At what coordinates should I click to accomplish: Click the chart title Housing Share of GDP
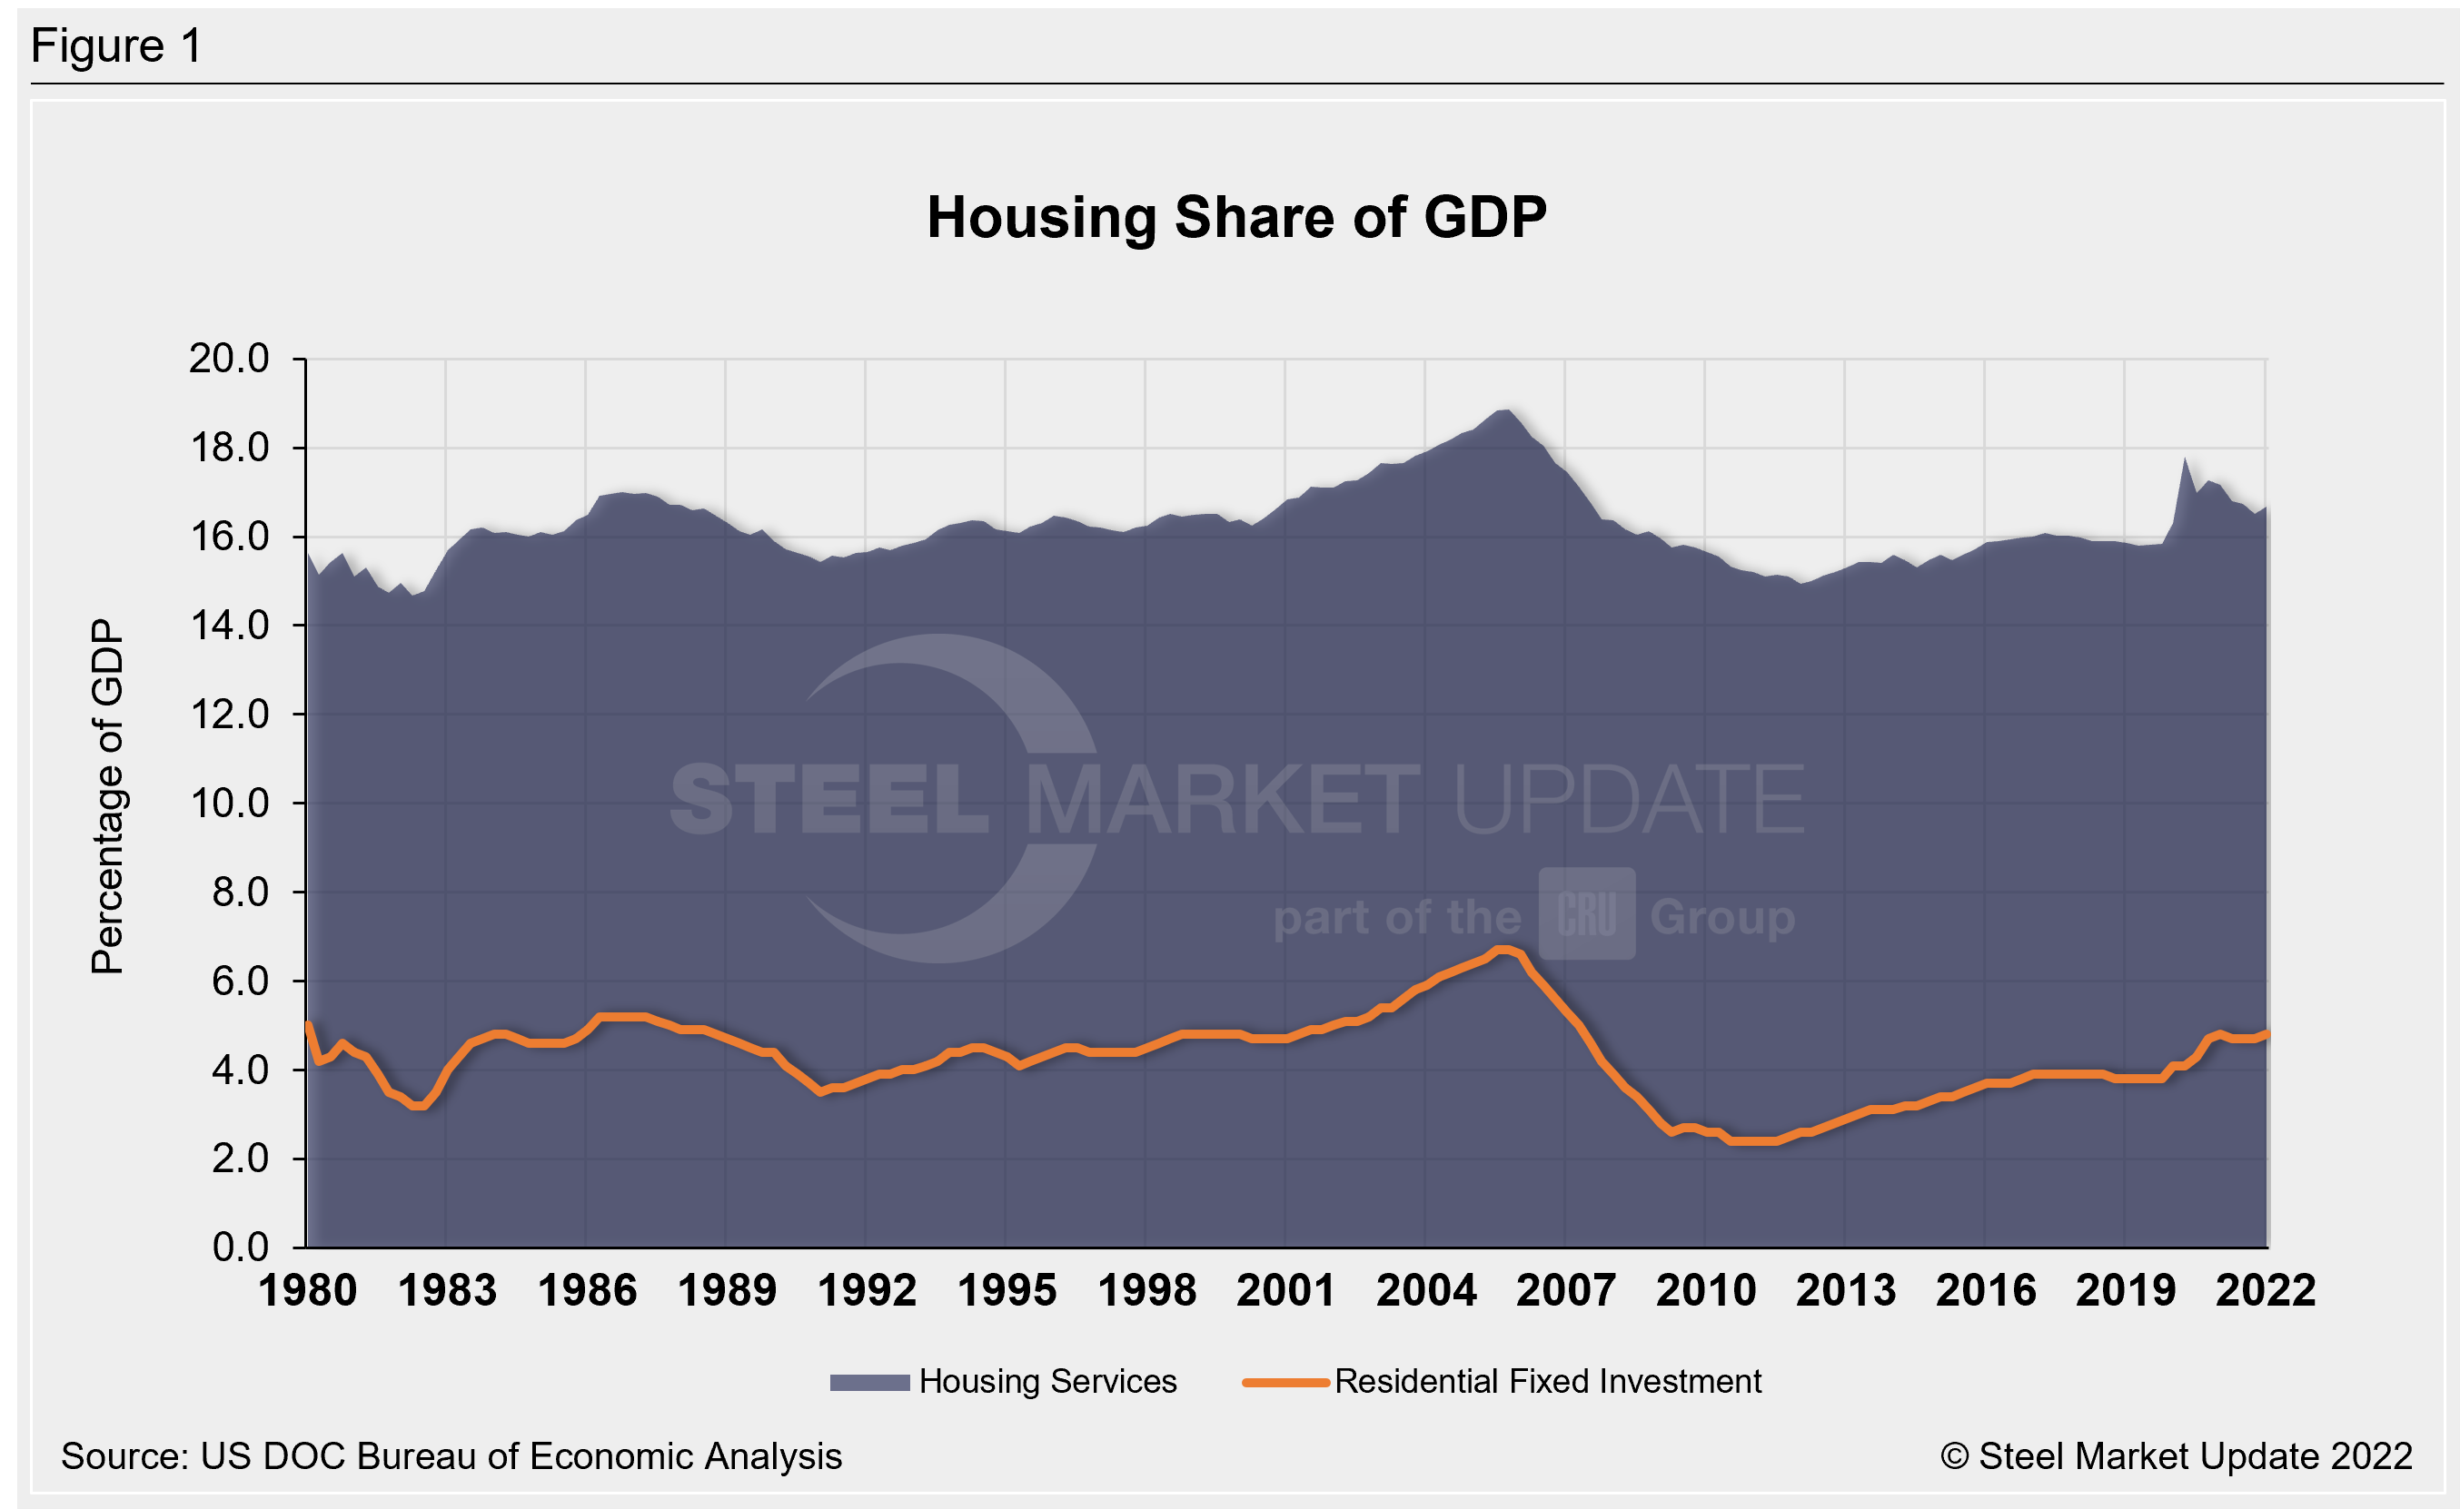tap(1236, 218)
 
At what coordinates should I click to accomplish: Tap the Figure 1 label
tap(117, 46)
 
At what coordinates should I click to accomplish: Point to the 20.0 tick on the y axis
tap(230, 359)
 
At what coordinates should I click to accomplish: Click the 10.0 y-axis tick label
tap(230, 804)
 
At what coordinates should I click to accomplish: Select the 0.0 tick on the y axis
tap(241, 1248)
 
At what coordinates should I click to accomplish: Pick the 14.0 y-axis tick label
tap(230, 626)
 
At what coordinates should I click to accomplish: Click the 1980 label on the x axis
tap(307, 1290)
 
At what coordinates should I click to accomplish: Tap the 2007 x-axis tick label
tap(1565, 1290)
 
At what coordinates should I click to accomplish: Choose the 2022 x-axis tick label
tap(2266, 1290)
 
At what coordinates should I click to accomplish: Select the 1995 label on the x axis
tap(1007, 1290)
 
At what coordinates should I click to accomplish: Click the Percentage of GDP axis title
tap(107, 796)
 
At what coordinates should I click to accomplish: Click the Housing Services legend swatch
tap(869, 1382)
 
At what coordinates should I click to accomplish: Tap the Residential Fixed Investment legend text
tap(1547, 1381)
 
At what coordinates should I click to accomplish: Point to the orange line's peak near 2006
tap(1503, 949)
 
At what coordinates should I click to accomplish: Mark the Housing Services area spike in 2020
tap(2185, 460)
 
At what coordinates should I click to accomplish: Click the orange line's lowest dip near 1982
tap(420, 1106)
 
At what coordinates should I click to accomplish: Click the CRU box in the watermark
tap(1586, 914)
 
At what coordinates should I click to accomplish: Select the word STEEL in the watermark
tap(828, 798)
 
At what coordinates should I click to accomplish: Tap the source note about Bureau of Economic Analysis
tap(451, 1456)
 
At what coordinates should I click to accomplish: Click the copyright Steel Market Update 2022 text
tap(2177, 1456)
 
